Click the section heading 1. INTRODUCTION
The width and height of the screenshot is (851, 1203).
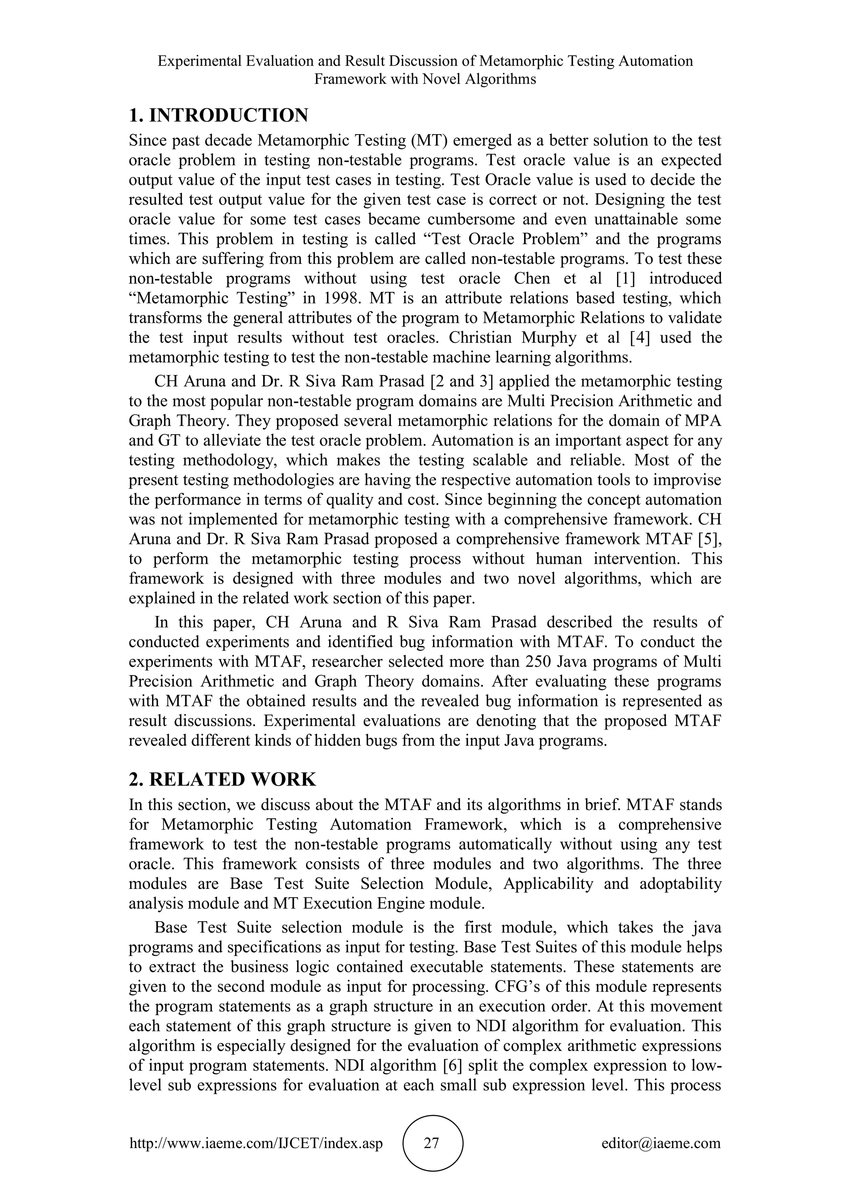219,115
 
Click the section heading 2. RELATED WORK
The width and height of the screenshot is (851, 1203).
222,780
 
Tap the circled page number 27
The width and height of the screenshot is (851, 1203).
431,1143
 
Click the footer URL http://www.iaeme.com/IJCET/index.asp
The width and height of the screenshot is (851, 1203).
256,1143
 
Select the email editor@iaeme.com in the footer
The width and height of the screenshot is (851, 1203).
661,1143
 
